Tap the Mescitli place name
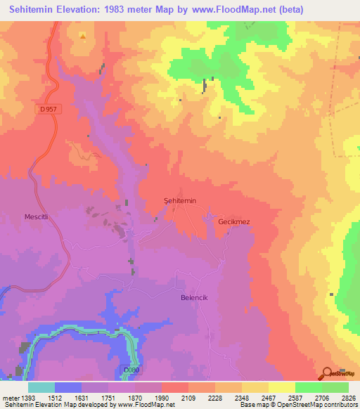tap(36, 217)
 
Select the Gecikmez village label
tap(234, 221)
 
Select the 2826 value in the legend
tap(348, 397)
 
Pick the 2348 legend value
tap(242, 397)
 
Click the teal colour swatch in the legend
tap(41, 387)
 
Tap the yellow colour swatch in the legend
tap(281, 387)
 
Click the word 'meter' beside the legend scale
tap(9, 397)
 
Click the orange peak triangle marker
tap(83, 36)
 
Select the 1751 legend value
tap(109, 397)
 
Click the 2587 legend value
tap(295, 397)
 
